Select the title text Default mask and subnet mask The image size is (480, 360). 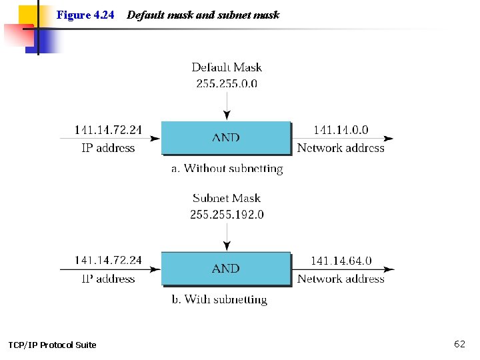[x=203, y=15]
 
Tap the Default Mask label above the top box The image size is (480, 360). [x=227, y=67]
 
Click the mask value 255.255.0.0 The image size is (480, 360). [x=227, y=83]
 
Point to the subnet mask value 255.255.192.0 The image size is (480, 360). [x=227, y=214]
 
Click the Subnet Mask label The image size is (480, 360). [x=227, y=198]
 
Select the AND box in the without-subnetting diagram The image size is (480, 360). [x=226, y=138]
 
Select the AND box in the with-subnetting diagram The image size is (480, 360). [x=226, y=269]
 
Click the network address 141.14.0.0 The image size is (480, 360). [x=341, y=131]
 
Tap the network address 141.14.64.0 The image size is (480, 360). [x=341, y=261]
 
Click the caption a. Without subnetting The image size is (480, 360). [x=227, y=169]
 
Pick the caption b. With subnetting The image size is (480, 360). [x=219, y=299]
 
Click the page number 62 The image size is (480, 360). [x=459, y=344]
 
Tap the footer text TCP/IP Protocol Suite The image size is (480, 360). [x=52, y=345]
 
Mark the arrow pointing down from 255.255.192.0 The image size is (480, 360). [x=227, y=236]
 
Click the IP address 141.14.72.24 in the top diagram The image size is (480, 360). [x=108, y=131]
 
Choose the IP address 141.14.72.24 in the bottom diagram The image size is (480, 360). [x=108, y=261]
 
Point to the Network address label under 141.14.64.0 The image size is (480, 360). [x=341, y=279]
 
